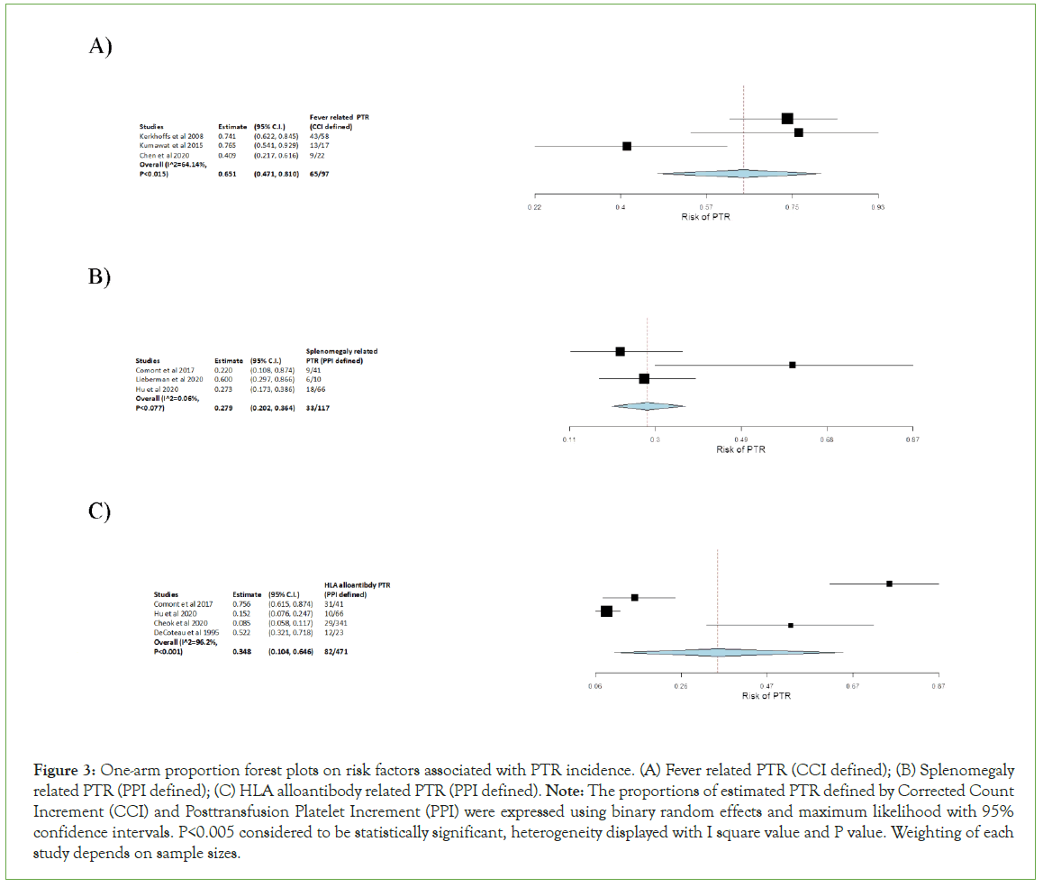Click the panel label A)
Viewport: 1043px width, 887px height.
tap(100, 48)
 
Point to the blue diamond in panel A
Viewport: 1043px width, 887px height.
tap(739, 174)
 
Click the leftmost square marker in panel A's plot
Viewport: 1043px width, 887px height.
tap(627, 146)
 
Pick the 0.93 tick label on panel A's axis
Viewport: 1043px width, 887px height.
tap(878, 207)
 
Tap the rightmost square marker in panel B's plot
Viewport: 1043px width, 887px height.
tap(793, 365)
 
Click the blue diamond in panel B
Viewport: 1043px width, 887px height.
tap(648, 406)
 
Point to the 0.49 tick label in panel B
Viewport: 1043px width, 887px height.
tap(740, 439)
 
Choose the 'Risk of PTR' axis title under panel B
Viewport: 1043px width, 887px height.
tap(740, 449)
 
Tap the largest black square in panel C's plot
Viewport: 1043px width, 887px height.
tap(607, 611)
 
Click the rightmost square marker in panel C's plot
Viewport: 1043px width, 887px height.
tap(889, 584)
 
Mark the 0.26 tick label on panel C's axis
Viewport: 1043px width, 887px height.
tap(681, 687)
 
